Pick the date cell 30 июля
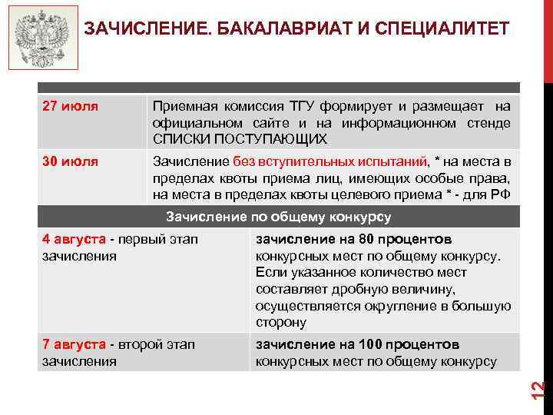coord(70,161)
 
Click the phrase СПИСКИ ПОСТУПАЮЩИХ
coord(240,139)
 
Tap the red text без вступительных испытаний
coord(329,161)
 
